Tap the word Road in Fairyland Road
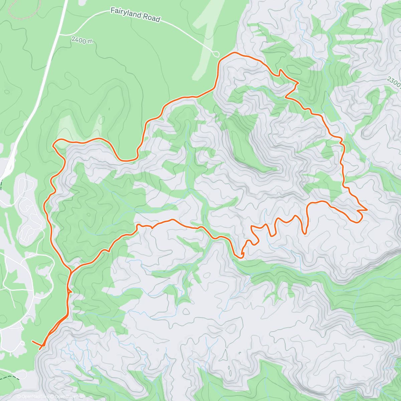coord(152,19)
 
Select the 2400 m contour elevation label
coord(82,40)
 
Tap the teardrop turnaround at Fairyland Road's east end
coord(216,53)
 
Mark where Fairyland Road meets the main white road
coord(60,34)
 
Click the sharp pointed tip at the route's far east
coord(367,210)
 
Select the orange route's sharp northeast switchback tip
coord(298,82)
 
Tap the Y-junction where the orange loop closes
coord(71,271)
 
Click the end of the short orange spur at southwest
coord(32,341)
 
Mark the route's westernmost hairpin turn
coord(53,145)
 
